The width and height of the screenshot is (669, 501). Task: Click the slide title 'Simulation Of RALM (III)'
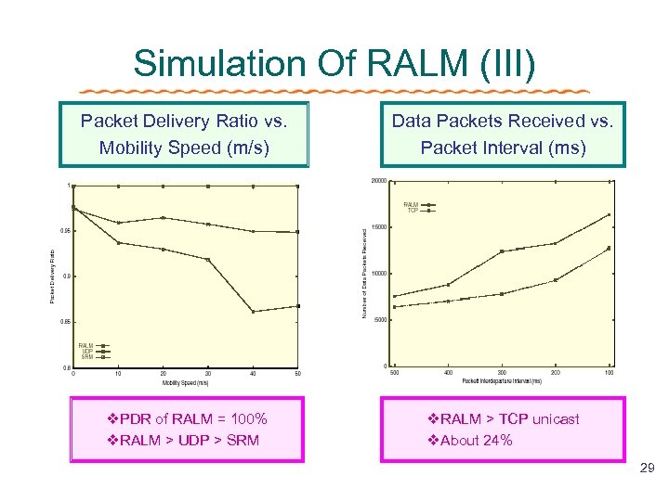tap(334, 63)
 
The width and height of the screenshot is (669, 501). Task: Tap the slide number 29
tap(648, 469)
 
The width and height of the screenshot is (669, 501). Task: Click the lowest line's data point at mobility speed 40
tap(253, 312)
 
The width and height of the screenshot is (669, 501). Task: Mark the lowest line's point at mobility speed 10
tap(118, 243)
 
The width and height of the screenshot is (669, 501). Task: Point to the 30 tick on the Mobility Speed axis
tap(208, 374)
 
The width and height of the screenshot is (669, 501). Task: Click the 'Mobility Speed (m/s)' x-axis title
tap(185, 382)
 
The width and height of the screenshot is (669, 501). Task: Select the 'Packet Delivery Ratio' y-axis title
tap(52, 275)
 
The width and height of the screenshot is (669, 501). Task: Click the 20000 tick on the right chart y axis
tap(378, 180)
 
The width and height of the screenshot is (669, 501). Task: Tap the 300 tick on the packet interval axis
tap(502, 373)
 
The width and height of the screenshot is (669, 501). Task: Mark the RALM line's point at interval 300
tap(502, 251)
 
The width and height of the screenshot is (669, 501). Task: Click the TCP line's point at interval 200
tap(556, 280)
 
